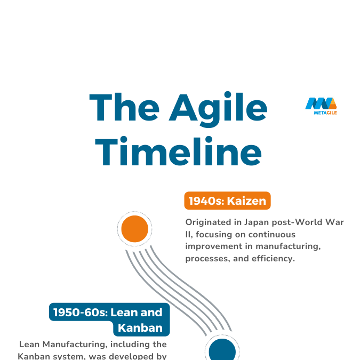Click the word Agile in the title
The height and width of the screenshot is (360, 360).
coord(219,108)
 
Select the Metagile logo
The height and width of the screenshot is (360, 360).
coord(321,106)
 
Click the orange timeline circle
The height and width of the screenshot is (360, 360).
coord(134,230)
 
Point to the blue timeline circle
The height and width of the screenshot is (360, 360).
coord(222,351)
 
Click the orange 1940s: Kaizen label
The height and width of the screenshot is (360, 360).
coord(227,201)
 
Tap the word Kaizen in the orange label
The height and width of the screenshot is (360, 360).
coord(247,201)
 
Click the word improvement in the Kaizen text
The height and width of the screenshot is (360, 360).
coord(212,246)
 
